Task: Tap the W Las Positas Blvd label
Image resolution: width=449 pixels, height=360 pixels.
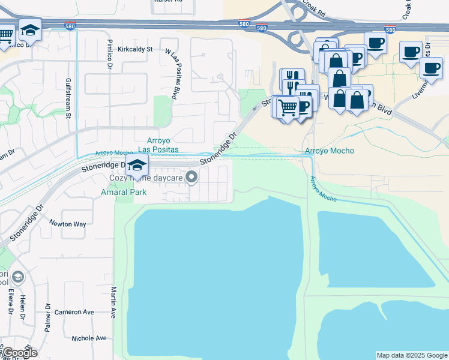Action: pos(178,73)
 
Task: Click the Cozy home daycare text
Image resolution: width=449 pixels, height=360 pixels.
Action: pos(148,178)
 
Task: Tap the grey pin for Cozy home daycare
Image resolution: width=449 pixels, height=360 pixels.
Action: pos(192,176)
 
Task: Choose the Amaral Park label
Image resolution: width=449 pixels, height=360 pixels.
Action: pos(123,193)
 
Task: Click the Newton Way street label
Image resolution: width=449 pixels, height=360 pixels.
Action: pos(68,224)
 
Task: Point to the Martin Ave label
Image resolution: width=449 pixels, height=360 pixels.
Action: pos(113,302)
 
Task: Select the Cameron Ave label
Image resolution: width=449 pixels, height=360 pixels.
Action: pos(74,312)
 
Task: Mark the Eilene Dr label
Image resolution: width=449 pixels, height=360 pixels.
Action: pos(11,303)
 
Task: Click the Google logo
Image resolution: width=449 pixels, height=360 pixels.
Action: pos(20,353)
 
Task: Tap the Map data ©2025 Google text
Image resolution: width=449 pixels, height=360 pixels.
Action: pos(411,355)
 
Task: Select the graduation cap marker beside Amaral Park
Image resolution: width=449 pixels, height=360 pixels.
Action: pos(137,166)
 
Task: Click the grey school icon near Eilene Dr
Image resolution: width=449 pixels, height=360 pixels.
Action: pos(19,277)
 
